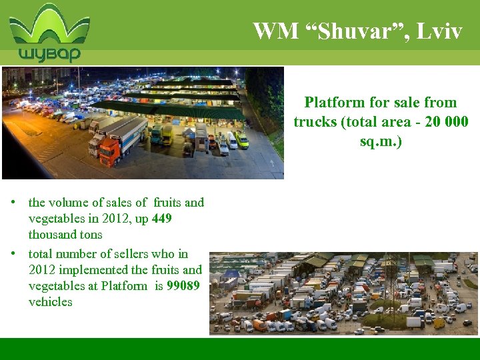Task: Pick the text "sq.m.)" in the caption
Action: pos(381,143)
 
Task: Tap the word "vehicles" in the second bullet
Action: pos(50,302)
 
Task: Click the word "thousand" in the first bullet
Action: pos(52,235)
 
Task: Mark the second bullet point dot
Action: pos(13,254)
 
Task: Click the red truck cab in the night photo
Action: pos(109,153)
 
